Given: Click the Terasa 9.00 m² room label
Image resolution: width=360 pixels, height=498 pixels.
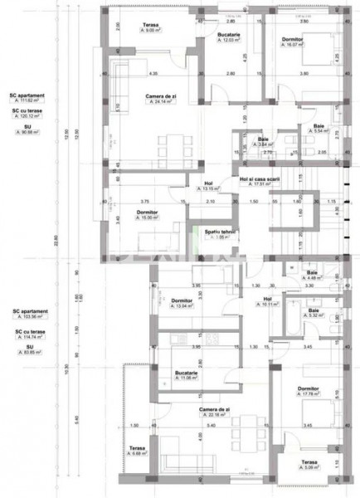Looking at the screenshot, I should tap(150, 28).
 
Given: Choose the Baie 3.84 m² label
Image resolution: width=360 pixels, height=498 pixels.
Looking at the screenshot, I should tap(263, 142).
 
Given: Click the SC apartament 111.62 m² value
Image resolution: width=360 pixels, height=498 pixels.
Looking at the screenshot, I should tap(27, 97).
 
